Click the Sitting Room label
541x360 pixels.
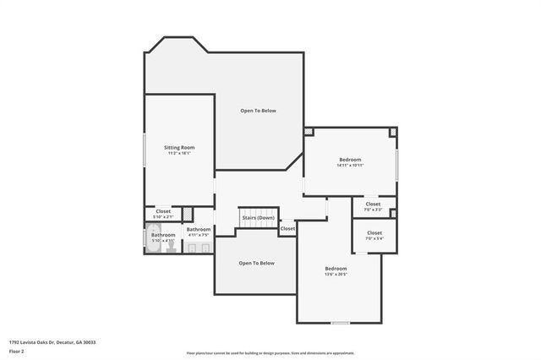(179, 147)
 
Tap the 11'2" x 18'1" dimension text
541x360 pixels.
(179, 153)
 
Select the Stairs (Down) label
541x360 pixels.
(258, 218)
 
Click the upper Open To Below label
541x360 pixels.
(258, 111)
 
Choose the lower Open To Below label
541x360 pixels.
(256, 263)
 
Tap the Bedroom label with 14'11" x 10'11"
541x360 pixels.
(350, 159)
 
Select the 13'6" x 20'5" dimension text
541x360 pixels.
(336, 275)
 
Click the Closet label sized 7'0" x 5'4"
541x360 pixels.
(374, 232)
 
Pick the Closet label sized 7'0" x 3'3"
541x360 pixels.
(373, 204)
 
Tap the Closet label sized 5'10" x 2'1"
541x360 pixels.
(162, 211)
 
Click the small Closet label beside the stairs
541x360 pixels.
(287, 228)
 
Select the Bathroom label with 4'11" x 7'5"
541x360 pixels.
(199, 229)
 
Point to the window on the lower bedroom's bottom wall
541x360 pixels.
(340, 323)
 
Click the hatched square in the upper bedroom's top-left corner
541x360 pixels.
(309, 131)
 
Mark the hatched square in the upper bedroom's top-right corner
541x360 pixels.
(393, 132)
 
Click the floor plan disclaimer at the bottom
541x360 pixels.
(270, 353)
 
